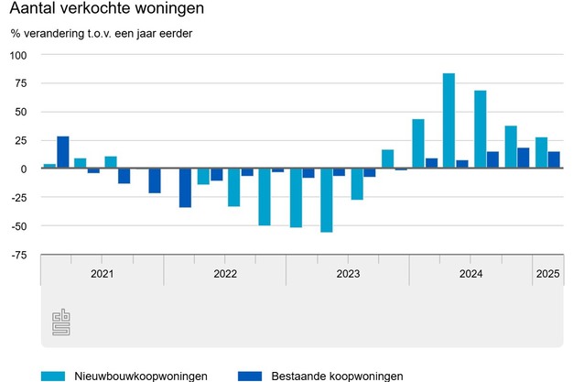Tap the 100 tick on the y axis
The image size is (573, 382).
pyautogui.click(x=19, y=55)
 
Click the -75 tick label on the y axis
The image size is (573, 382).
pyautogui.click(x=18, y=256)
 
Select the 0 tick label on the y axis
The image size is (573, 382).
pyautogui.click(x=26, y=169)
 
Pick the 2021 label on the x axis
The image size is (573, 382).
pyautogui.click(x=103, y=274)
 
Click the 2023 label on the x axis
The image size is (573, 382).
pyautogui.click(x=348, y=274)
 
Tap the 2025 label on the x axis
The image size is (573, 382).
pyautogui.click(x=548, y=274)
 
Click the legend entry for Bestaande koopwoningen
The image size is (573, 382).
pyautogui.click(x=320, y=376)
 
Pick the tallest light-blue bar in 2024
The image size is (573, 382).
pyautogui.click(x=449, y=121)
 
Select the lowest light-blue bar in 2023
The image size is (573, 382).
pyautogui.click(x=327, y=201)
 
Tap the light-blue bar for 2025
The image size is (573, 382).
pyautogui.click(x=542, y=153)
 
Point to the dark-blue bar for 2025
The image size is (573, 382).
pyautogui.click(x=554, y=160)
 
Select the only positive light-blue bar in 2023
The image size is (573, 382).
pyautogui.click(x=388, y=159)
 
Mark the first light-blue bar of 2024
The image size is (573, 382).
pyautogui.click(x=418, y=144)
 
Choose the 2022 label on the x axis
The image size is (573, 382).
pyautogui.click(x=225, y=274)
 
